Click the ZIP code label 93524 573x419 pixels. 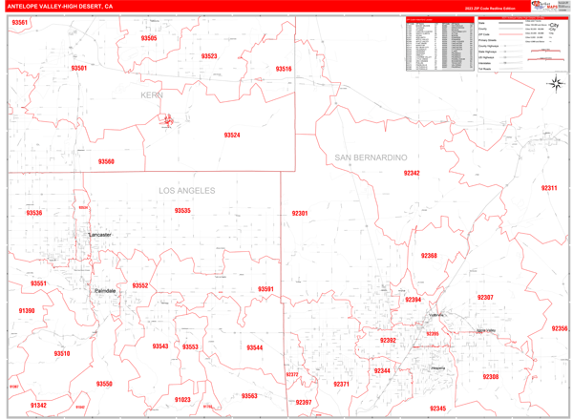[x=232, y=136]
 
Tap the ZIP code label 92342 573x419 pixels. [x=412, y=173]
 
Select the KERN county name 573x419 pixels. [x=152, y=95]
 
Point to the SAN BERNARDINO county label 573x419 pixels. [x=371, y=157]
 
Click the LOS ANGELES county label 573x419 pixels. [x=187, y=191]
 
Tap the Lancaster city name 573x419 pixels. [x=99, y=235]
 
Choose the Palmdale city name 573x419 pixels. [x=105, y=290]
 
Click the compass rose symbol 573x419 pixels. [x=556, y=84]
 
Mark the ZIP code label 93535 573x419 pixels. [x=182, y=211]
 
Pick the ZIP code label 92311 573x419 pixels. [x=549, y=188]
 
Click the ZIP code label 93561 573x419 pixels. [x=19, y=22]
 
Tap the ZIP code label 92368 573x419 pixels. [x=429, y=256]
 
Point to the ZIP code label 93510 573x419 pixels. [x=61, y=354]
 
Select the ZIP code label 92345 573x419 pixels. [x=437, y=409]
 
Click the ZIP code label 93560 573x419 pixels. [x=106, y=162]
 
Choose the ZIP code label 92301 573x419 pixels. [x=299, y=214]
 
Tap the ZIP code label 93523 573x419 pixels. [x=209, y=56]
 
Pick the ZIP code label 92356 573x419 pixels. [x=559, y=328]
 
